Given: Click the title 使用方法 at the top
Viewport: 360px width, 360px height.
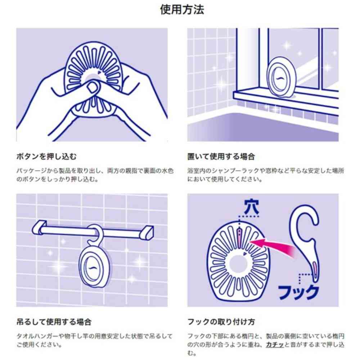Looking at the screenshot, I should pyautogui.click(x=182, y=10).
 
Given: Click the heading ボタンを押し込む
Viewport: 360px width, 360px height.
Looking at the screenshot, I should pyautogui.click(x=47, y=157).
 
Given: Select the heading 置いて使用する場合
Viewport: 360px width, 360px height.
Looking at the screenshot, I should pyautogui.click(x=221, y=157).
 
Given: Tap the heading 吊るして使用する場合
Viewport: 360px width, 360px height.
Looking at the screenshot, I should pyautogui.click(x=54, y=321).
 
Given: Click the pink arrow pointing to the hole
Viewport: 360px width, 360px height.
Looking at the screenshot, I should pyautogui.click(x=274, y=245).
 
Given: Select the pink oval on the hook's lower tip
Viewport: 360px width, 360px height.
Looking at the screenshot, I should pyautogui.click(x=314, y=270).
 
